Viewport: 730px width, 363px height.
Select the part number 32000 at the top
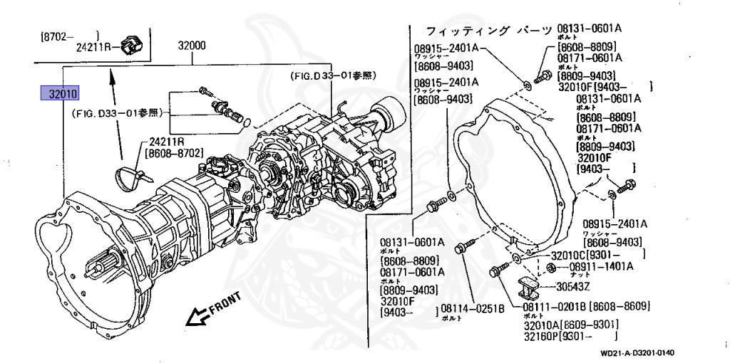[192, 46]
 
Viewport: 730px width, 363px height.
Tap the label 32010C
[570, 255]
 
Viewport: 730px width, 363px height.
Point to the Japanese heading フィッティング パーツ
[488, 31]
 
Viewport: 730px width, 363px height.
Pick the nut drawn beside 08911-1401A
[550, 268]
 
